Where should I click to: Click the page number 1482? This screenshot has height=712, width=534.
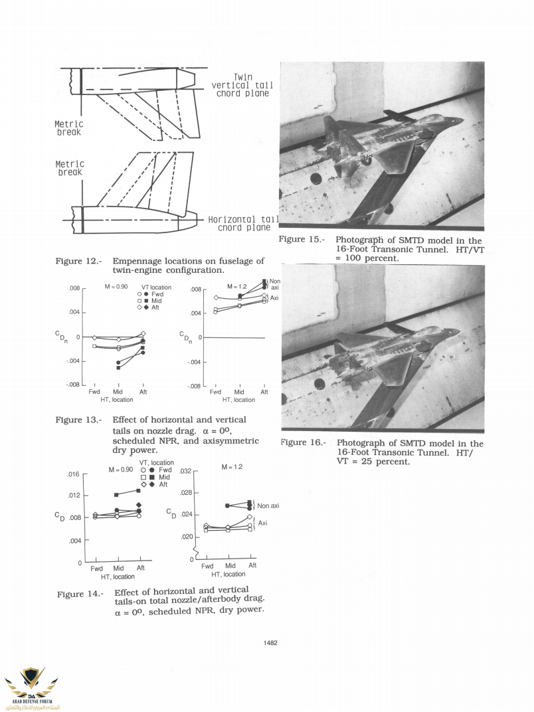coord(270,642)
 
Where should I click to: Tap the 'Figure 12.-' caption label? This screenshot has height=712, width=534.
coord(78,262)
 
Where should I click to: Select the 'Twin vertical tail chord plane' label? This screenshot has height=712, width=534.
coord(242,85)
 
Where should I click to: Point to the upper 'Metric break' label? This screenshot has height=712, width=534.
coord(68,128)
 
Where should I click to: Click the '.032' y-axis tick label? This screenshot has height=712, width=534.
coord(185,471)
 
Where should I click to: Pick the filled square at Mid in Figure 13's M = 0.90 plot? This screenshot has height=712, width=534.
coord(118,367)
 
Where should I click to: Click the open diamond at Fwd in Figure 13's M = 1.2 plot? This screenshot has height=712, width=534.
coord(216,298)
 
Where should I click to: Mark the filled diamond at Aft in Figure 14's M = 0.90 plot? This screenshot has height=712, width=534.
coord(139,505)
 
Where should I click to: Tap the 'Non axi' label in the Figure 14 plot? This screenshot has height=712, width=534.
coord(267,505)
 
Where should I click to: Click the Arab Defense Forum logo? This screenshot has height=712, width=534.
coord(31,684)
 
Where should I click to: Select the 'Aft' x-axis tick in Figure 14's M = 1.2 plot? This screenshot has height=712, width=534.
coord(252,565)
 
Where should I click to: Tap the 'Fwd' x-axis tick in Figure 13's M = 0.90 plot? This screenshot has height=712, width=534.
coord(94,392)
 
